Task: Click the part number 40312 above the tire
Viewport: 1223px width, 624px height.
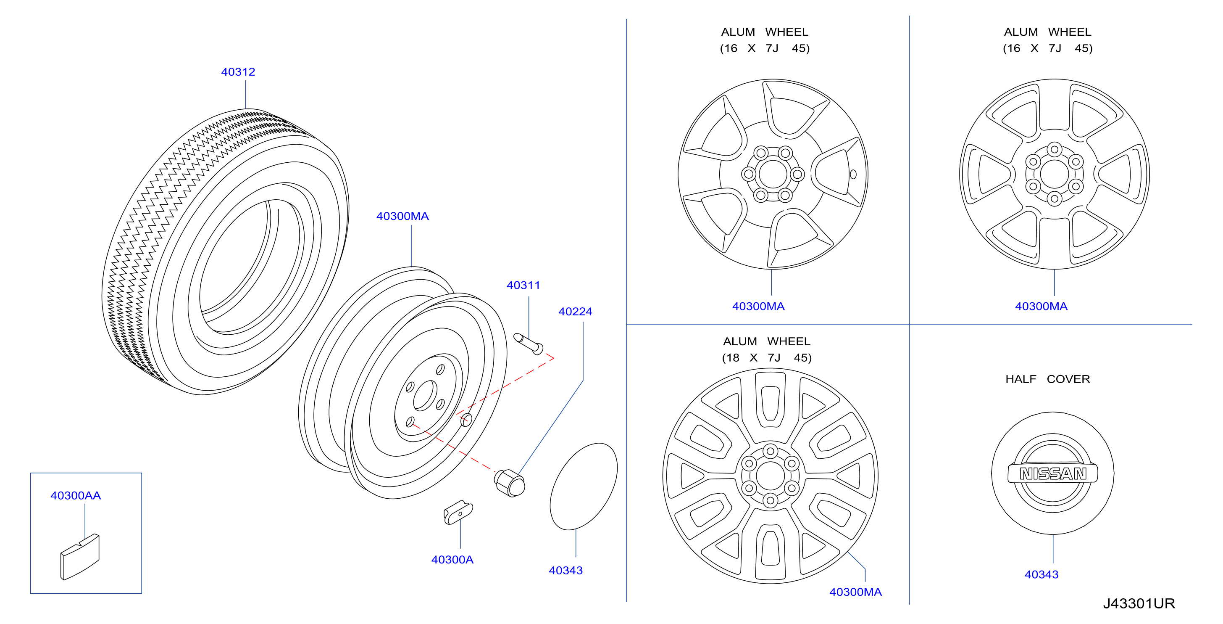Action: click(x=238, y=72)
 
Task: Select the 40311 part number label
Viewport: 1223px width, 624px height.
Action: click(x=523, y=285)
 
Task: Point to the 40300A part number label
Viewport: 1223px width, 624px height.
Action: click(x=452, y=559)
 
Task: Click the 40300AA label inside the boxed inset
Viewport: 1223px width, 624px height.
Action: click(x=76, y=495)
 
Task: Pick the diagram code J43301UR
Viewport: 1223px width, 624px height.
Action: click(x=1139, y=603)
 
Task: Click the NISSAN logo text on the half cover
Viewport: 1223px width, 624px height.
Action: click(x=1053, y=473)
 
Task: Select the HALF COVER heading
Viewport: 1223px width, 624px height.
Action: click(x=1047, y=379)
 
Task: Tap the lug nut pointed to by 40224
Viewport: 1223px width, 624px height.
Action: click(x=510, y=483)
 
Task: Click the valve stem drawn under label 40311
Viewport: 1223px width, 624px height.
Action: click(x=529, y=344)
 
